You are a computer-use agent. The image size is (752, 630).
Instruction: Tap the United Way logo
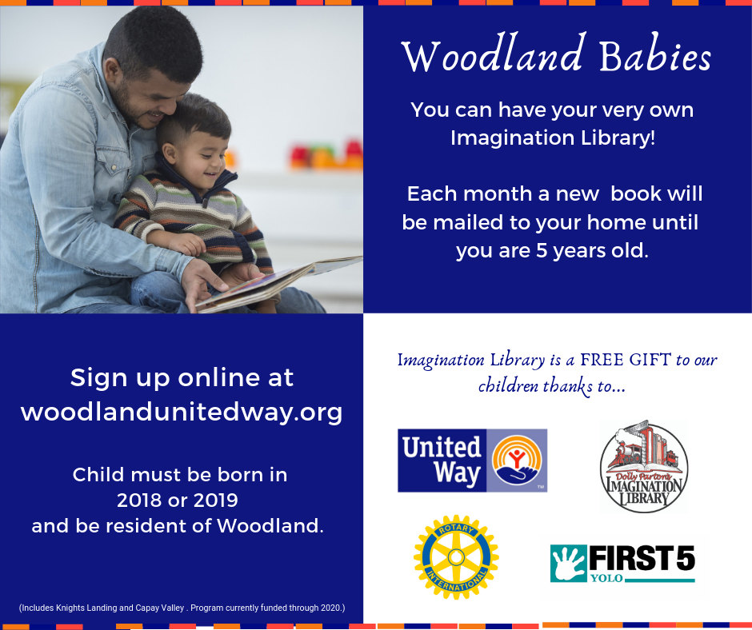(x=472, y=461)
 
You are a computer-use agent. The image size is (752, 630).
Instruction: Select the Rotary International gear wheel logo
(x=456, y=557)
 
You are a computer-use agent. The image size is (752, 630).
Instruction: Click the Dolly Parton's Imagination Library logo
(x=644, y=466)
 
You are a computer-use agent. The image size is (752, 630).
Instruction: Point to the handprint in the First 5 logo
(x=569, y=563)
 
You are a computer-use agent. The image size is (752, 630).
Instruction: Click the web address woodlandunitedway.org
(x=182, y=412)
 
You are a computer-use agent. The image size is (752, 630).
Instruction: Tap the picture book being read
(x=278, y=282)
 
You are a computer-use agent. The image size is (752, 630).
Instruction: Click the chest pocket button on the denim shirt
(x=114, y=167)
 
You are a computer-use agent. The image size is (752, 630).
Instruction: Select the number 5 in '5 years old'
(x=542, y=250)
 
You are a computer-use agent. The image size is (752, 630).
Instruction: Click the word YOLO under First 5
(x=606, y=578)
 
